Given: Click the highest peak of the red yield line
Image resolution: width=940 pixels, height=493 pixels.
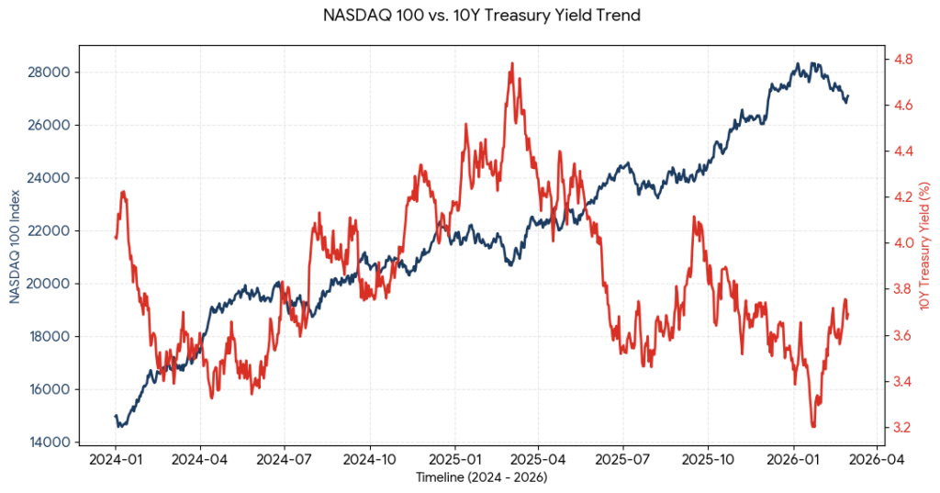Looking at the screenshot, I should pyautogui.click(x=511, y=63).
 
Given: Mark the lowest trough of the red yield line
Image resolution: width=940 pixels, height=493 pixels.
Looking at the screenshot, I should pyautogui.click(x=813, y=426).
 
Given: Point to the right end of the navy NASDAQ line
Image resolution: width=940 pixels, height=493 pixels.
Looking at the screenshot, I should pyautogui.click(x=848, y=95).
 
